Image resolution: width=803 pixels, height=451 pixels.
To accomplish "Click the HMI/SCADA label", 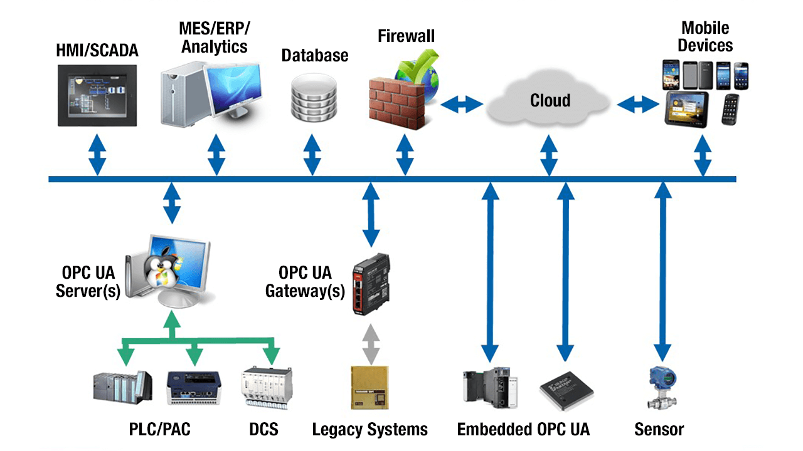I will click(97, 51).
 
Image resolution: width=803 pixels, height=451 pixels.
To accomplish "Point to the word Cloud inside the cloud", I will click(550, 100).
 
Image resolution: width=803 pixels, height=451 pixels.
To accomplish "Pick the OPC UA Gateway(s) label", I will click(305, 282).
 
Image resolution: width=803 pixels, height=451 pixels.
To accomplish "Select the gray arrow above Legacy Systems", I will click(371, 344).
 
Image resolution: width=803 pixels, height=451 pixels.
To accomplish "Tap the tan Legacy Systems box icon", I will click(370, 388).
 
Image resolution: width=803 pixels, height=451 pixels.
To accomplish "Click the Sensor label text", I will click(659, 430).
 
